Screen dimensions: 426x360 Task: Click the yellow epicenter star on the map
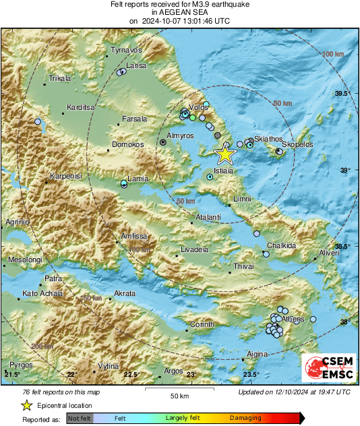pyautogui.click(x=225, y=154)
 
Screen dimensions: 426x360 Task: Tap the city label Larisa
pyautogui.click(x=137, y=66)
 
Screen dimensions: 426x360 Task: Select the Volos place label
pyautogui.click(x=198, y=107)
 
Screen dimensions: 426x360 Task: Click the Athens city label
pyautogui.click(x=294, y=319)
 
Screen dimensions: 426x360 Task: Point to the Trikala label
pyautogui.click(x=59, y=79)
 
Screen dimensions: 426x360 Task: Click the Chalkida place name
pyautogui.click(x=281, y=246)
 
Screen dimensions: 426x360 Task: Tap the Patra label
pyautogui.click(x=53, y=278)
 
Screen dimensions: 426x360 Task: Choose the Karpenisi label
pyautogui.click(x=65, y=177)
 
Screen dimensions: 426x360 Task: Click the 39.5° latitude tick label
pyautogui.click(x=343, y=93)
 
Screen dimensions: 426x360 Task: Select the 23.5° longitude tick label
pyautogui.click(x=251, y=375)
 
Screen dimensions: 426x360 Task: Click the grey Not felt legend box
pyautogui.click(x=80, y=419)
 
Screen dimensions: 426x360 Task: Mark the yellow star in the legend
pyautogui.click(x=27, y=406)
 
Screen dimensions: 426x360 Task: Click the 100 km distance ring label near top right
pyautogui.click(x=333, y=53)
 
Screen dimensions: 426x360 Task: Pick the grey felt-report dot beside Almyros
pyautogui.click(x=163, y=142)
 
